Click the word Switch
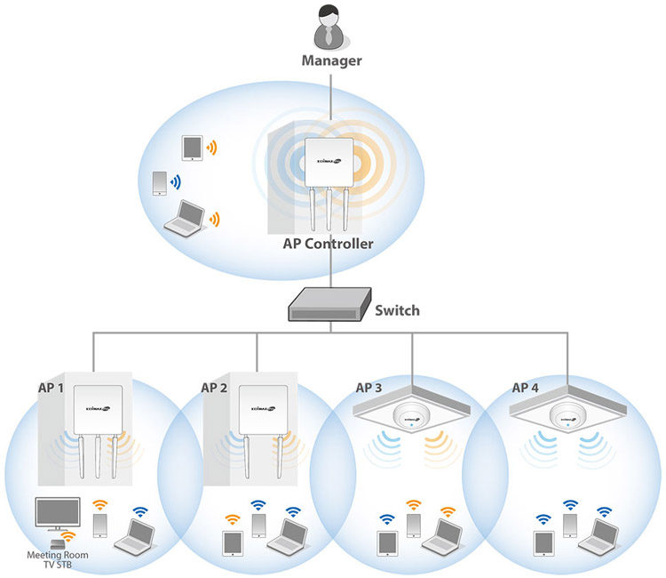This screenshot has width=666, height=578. point(397,310)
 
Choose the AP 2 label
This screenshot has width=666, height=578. point(214,388)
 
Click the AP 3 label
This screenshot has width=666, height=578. point(369,388)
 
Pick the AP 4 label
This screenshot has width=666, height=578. point(527,388)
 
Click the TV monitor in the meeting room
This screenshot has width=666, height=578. point(57,514)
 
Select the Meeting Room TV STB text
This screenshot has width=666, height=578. point(56,559)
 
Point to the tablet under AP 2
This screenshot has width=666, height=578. point(233,542)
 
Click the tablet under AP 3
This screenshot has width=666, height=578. point(387,542)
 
